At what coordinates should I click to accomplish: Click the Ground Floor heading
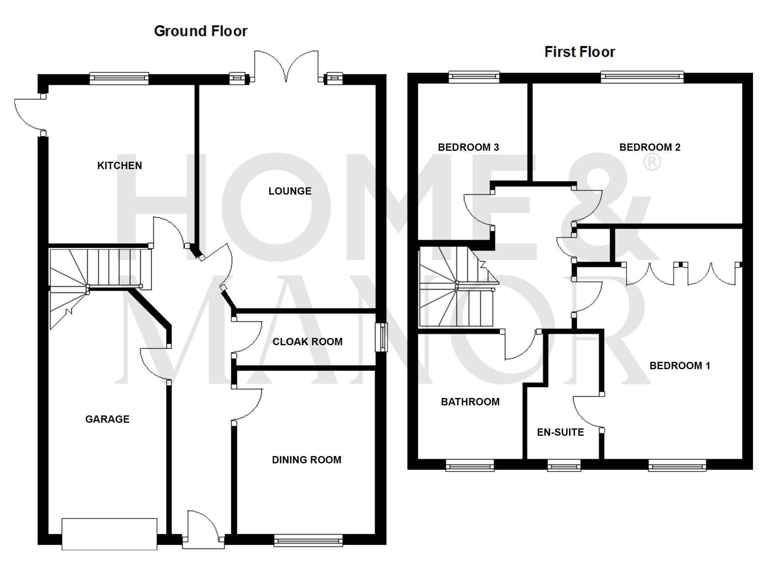[201, 31]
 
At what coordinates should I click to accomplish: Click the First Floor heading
[579, 52]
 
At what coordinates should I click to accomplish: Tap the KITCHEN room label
[120, 166]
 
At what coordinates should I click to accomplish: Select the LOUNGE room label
[290, 191]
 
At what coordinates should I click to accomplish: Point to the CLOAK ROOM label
[308, 342]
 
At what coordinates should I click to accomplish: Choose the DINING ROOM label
[306, 460]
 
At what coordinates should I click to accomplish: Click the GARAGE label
[107, 419]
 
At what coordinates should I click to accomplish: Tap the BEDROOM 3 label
[468, 147]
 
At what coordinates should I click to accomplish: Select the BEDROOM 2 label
[650, 147]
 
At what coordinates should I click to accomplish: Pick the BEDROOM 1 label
[680, 366]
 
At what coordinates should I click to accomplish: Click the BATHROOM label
[470, 402]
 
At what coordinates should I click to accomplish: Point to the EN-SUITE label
[560, 432]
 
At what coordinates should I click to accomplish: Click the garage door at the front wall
[109, 534]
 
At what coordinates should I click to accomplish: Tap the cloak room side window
[381, 337]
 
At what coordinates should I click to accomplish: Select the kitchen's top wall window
[119, 78]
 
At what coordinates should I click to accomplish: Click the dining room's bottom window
[308, 541]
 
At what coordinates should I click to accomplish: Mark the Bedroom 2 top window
[642, 77]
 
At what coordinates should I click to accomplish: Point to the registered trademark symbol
[652, 163]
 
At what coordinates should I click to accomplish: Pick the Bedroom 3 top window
[474, 77]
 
